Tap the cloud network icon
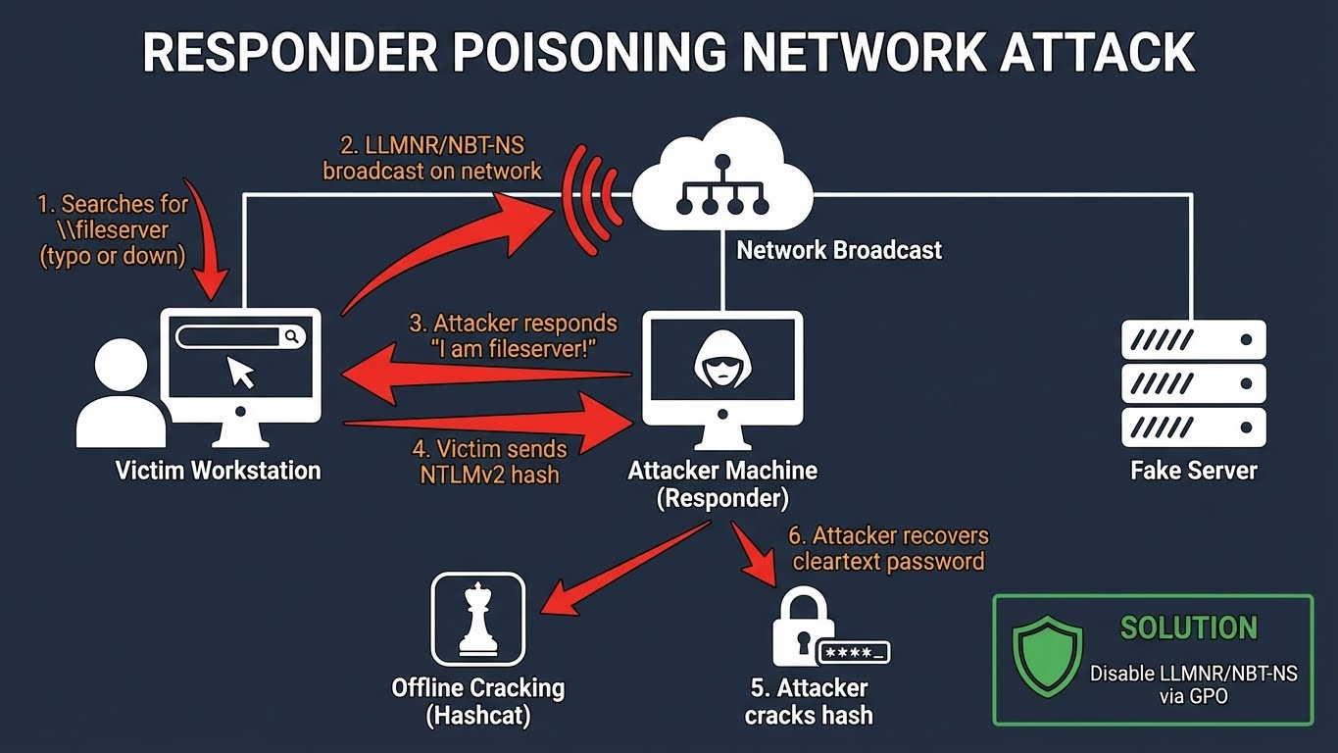[x=721, y=177]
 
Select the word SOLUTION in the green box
[x=1188, y=628]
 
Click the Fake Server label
[x=1193, y=471]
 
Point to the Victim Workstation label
[x=218, y=471]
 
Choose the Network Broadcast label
[x=839, y=250]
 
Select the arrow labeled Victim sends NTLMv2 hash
[x=490, y=423]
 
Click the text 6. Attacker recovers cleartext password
[x=888, y=549]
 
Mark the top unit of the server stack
[x=1193, y=340]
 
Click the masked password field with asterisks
[x=854, y=651]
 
